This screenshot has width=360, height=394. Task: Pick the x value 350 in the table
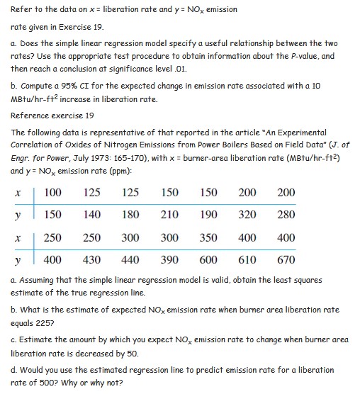[x=208, y=238]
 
